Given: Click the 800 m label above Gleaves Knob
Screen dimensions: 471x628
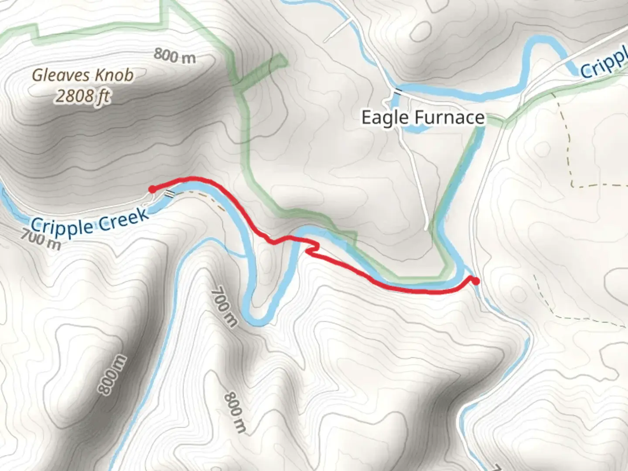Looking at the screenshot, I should pyautogui.click(x=174, y=56).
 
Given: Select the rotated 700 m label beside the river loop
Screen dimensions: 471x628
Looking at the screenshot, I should pyautogui.click(x=224, y=307).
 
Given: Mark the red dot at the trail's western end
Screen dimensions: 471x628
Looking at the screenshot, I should pyautogui.click(x=152, y=189).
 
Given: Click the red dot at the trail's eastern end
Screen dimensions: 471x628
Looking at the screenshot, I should pyautogui.click(x=476, y=281).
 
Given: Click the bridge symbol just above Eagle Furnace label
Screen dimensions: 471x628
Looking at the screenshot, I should pyautogui.click(x=398, y=91).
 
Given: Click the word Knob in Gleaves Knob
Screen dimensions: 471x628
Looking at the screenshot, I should pyautogui.click(x=114, y=75).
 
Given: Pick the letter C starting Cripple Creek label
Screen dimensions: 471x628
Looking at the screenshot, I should pyautogui.click(x=37, y=227).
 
